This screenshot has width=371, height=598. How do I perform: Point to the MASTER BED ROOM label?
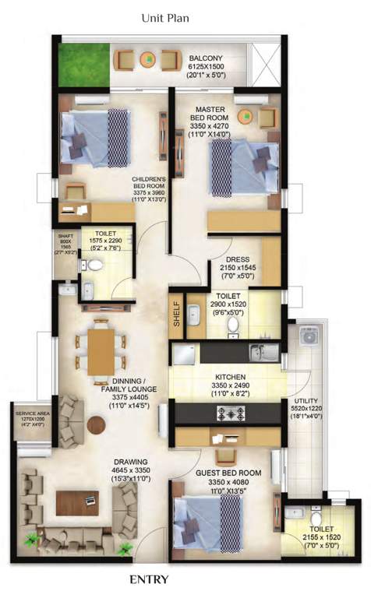click(x=210, y=112)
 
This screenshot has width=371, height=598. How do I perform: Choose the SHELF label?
click(x=176, y=313)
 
